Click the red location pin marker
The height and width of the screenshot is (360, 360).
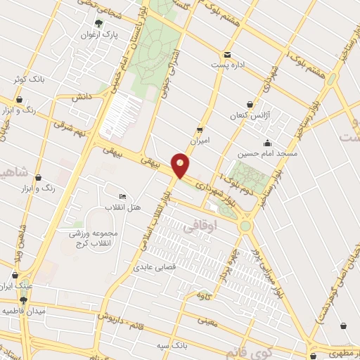[x=181, y=165]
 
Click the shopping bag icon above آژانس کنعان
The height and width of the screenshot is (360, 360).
[x=250, y=103]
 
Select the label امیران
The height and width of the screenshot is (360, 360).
[x=200, y=140]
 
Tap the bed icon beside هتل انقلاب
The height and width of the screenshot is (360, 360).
[x=123, y=197]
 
